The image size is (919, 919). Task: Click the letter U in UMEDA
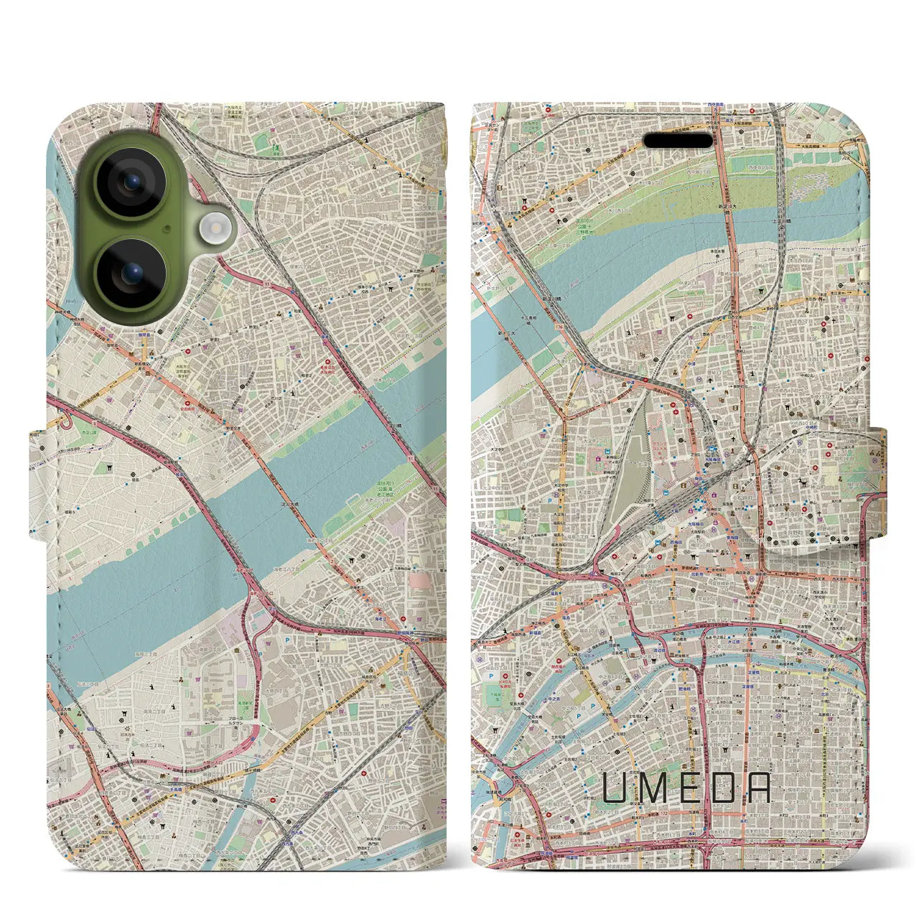click(616, 787)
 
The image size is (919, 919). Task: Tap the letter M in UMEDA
click(655, 787)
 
